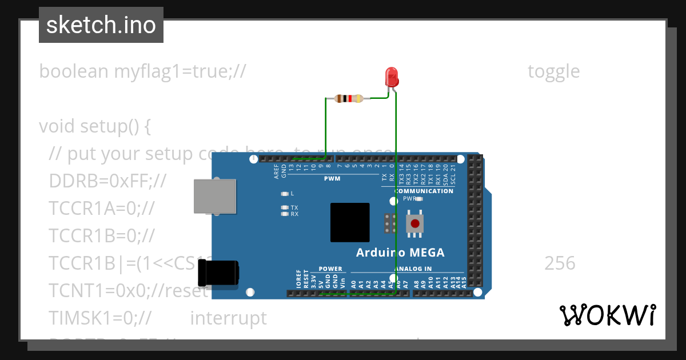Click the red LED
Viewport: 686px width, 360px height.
point(392,77)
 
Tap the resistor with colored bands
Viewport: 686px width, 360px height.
point(348,98)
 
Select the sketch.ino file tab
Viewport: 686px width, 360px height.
point(101,25)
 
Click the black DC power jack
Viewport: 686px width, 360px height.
point(218,273)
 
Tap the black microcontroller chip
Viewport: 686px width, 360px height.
point(349,222)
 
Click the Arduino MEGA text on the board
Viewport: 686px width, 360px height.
point(400,253)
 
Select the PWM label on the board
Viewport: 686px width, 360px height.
point(332,178)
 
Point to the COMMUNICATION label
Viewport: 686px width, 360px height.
point(424,191)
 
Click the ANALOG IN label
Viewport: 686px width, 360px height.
point(412,269)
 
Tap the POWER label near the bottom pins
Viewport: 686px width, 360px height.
point(330,269)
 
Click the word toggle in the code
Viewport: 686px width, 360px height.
point(553,71)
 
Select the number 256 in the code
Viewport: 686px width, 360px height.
point(560,263)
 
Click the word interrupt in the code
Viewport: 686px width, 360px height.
point(228,318)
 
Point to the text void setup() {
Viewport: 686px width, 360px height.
point(95,126)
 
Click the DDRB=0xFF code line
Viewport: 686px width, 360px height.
point(107,181)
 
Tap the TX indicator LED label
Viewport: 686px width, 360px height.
point(294,207)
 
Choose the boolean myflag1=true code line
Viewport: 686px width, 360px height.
point(142,71)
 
